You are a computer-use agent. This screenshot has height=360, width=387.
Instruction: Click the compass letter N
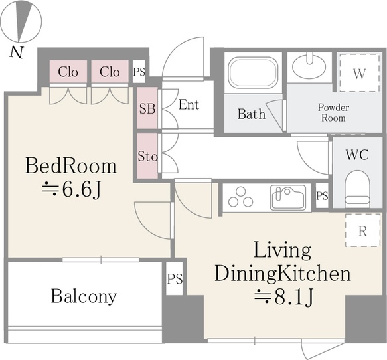(x=17, y=52)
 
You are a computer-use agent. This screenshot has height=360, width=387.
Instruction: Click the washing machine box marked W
(x=359, y=73)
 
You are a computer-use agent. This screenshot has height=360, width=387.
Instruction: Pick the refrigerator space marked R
(x=362, y=230)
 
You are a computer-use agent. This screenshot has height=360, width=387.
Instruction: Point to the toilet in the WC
(x=357, y=190)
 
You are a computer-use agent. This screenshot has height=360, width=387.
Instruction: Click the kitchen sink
(x=288, y=197)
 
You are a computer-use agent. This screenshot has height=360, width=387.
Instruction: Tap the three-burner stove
(x=241, y=197)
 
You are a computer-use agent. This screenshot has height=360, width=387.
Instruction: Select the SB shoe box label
(x=147, y=109)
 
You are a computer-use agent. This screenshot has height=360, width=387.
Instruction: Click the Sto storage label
(x=147, y=156)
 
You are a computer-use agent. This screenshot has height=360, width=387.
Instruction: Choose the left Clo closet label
(x=68, y=72)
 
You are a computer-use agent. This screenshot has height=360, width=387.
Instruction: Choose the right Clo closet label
(x=110, y=72)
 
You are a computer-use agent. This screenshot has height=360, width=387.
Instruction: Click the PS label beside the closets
(x=139, y=72)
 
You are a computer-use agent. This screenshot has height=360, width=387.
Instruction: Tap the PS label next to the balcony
(x=175, y=279)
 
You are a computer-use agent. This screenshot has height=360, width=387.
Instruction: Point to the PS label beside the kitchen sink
(x=322, y=196)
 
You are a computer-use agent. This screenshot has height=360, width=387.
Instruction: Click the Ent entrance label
(x=189, y=104)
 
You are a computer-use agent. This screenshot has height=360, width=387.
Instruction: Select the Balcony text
(x=84, y=296)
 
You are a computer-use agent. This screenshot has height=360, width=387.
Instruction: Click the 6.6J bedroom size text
(x=72, y=190)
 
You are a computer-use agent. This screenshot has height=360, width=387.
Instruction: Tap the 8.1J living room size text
(x=284, y=296)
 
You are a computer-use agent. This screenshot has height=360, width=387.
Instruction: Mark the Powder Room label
(x=333, y=113)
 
